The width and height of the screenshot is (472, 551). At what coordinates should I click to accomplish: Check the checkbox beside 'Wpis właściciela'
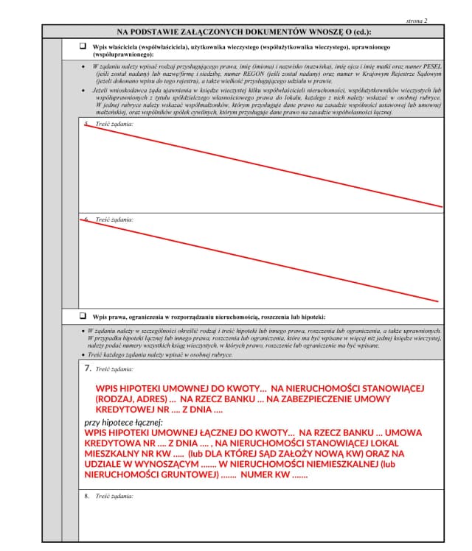click(x=83, y=46)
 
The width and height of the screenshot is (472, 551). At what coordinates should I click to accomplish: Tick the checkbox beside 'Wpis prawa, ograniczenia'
click(x=83, y=315)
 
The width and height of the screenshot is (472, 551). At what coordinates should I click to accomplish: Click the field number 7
click(x=87, y=367)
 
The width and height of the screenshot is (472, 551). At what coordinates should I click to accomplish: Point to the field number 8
click(x=87, y=496)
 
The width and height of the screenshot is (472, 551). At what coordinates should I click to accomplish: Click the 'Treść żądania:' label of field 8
click(x=114, y=496)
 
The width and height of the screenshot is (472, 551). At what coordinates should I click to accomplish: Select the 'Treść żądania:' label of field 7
click(x=114, y=368)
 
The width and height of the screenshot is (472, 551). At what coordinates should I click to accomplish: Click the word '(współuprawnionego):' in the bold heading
click(x=123, y=55)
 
